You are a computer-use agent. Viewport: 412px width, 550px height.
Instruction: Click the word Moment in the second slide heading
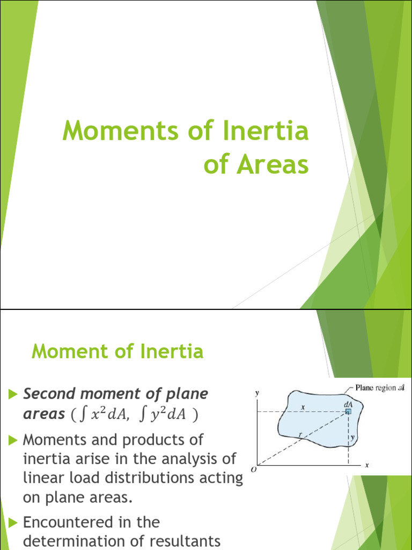tap(69, 352)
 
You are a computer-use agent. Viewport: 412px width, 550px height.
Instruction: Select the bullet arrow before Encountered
tap(13, 523)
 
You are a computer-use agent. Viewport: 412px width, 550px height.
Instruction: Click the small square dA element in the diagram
tap(348, 411)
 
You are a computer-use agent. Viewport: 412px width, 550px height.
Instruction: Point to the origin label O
tap(253, 469)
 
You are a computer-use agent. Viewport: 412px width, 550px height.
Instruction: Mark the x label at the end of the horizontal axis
tap(367, 465)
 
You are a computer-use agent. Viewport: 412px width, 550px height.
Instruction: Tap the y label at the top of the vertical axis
tap(257, 393)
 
